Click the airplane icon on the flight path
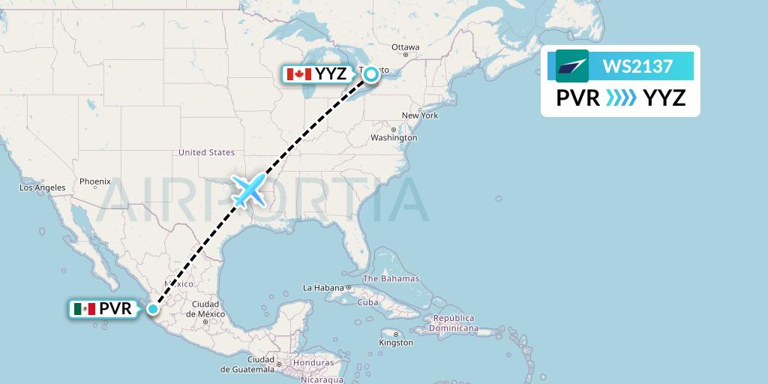point(249,190)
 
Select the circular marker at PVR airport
point(153,308)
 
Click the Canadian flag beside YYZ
point(298,73)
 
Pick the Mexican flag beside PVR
point(84,308)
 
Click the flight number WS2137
point(637,66)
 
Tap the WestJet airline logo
point(571,66)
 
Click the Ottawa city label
point(405,47)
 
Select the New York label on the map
point(419,115)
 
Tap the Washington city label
point(393,138)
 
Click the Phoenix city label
point(95,181)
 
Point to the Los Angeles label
point(43,187)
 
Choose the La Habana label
point(322,288)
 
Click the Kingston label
point(396,343)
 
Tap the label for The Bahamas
point(392,279)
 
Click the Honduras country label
point(309,362)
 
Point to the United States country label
point(206,152)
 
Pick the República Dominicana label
point(452,323)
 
